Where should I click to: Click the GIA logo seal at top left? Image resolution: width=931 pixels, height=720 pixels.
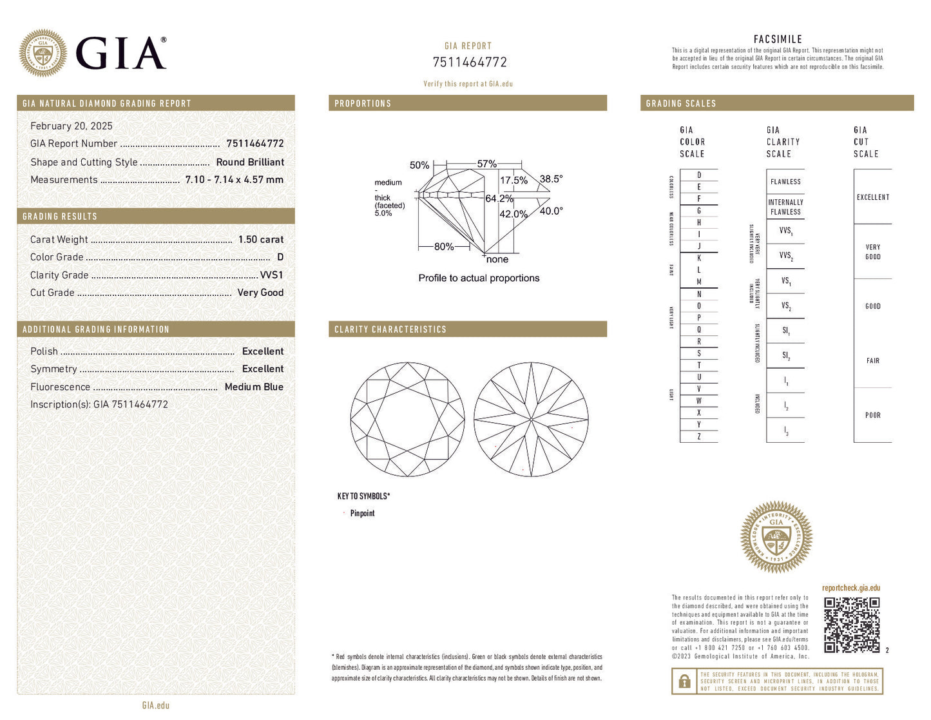point(43,53)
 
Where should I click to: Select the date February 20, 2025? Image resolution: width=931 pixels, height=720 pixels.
point(72,126)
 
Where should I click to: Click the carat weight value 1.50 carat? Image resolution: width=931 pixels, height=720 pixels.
point(260,240)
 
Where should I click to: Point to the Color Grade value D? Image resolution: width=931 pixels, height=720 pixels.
point(280,257)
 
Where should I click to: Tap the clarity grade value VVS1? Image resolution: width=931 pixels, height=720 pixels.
point(271,275)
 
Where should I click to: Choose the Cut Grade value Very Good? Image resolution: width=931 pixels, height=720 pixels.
point(260,293)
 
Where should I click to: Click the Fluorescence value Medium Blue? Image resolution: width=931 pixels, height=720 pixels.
point(254,387)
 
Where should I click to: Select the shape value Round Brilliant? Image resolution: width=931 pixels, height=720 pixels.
point(250,162)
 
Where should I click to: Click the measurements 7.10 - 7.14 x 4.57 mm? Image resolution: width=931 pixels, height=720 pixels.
point(234,180)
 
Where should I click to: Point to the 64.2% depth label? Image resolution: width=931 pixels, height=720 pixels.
point(499,199)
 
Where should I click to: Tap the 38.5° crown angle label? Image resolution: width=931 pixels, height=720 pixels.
point(551,179)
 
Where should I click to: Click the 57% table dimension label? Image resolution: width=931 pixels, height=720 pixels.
point(486,164)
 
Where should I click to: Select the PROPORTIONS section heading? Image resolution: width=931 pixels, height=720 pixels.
point(363,104)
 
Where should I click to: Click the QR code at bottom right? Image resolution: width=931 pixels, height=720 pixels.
point(851,625)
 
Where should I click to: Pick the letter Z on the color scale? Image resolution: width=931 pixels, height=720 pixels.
point(699,436)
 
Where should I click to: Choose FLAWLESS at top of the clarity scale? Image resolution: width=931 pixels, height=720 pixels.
point(785,182)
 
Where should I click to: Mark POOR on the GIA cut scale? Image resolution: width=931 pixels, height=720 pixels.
point(872,415)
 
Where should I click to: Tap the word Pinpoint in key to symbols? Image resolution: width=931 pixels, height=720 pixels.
point(362,514)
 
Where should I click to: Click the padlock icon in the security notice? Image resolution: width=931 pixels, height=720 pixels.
point(684,681)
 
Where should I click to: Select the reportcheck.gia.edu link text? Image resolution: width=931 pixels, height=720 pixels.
point(850,588)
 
